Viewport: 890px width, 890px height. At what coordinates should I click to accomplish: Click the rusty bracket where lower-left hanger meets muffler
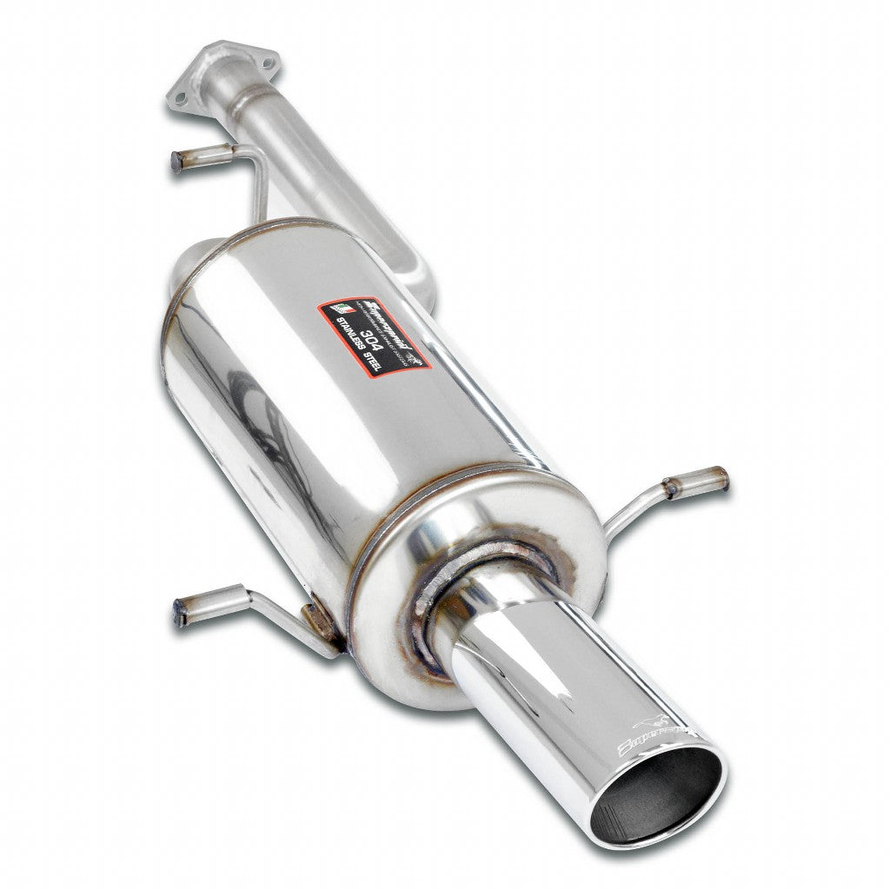pos(317,618)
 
